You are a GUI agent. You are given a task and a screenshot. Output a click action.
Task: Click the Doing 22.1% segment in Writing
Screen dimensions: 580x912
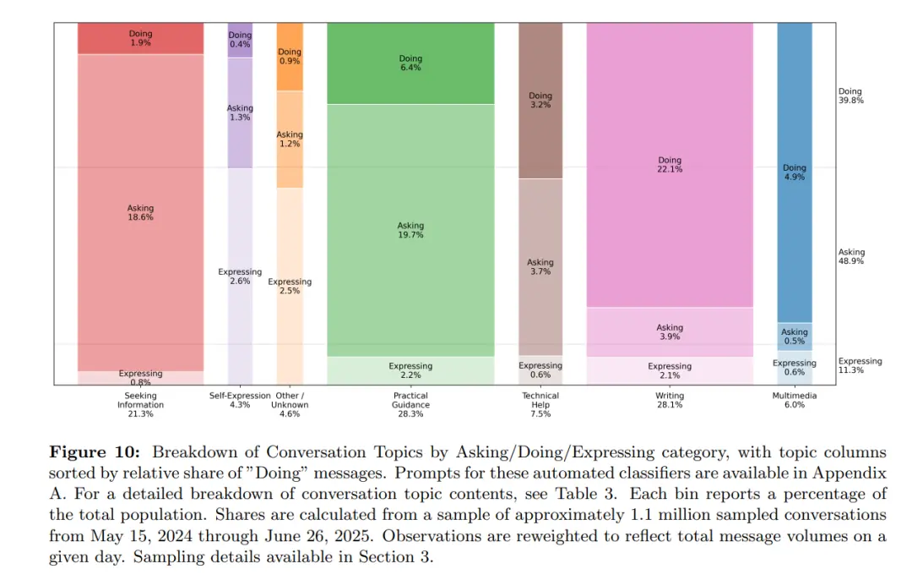[670, 165]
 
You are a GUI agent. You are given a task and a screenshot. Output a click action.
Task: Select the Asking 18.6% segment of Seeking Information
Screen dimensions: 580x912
[140, 212]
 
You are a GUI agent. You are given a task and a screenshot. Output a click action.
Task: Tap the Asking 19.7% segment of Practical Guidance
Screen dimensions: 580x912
[410, 230]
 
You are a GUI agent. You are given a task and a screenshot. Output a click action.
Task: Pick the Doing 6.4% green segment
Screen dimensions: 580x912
[410, 63]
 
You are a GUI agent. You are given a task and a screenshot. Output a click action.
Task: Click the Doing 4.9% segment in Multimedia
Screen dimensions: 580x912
[794, 172]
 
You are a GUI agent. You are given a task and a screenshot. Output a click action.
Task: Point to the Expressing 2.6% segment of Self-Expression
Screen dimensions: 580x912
[240, 276]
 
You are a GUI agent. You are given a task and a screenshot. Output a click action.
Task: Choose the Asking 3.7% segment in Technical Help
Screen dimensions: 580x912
[540, 267]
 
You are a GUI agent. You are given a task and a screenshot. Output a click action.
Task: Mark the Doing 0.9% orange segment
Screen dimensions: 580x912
[290, 57]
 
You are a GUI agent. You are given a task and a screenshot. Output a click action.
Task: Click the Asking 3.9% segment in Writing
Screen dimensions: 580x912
[670, 332]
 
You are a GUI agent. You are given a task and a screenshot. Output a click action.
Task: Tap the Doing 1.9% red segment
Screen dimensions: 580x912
[140, 38]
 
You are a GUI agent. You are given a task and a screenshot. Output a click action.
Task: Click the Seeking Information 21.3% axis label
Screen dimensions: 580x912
[140, 405]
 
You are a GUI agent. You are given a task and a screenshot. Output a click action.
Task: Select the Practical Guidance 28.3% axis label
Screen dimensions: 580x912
[410, 405]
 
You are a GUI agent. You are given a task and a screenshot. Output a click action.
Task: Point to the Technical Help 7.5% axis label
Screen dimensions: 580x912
[540, 405]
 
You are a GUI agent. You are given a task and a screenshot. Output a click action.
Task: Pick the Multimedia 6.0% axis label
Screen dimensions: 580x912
[794, 400]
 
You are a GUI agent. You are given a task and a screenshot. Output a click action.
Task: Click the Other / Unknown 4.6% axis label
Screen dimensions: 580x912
[290, 405]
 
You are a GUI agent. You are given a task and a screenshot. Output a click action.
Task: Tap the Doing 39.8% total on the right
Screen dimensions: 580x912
[850, 96]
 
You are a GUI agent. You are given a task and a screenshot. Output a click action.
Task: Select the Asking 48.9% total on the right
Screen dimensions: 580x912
[850, 257]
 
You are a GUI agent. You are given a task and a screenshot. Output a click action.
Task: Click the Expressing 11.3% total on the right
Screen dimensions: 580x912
[860, 366]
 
